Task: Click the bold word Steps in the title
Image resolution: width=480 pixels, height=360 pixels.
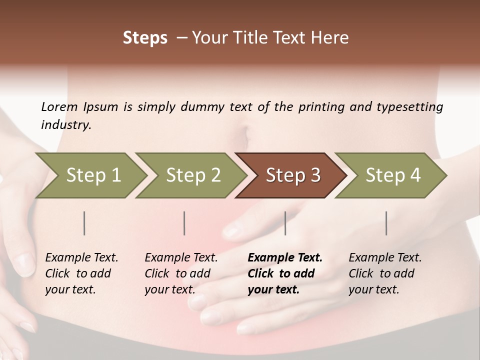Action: (145, 38)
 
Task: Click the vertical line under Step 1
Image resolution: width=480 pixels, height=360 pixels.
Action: (84, 223)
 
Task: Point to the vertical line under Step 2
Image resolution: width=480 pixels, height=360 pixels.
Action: (184, 223)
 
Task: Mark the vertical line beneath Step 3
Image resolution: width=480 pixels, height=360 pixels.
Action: (285, 223)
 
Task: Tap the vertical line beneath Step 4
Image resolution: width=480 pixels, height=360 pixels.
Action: (386, 223)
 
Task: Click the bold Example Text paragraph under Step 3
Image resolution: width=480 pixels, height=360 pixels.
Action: (285, 273)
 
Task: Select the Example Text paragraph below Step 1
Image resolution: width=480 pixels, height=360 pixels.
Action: (81, 273)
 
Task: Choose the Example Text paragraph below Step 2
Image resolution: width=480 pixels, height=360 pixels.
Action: (181, 273)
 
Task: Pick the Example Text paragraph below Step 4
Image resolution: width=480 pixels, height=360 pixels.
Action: (385, 273)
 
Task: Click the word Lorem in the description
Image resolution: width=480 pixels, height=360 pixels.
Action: (59, 107)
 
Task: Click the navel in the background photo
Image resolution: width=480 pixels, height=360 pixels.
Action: (243, 133)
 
